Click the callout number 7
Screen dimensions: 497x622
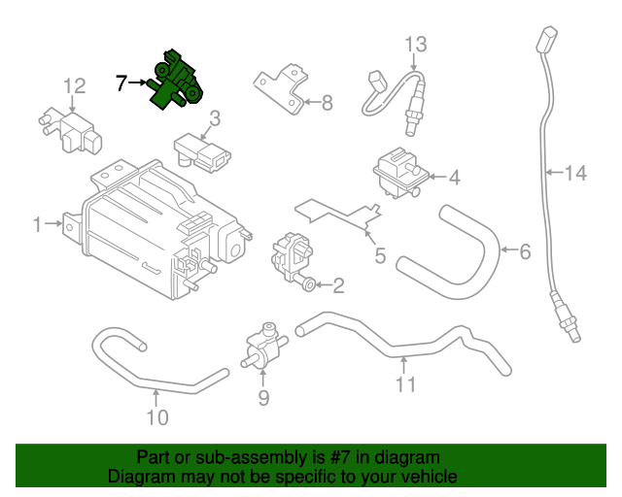121,83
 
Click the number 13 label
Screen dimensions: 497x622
416,44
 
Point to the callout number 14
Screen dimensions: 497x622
576,174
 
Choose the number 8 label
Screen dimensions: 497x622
327,101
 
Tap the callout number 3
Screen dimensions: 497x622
215,118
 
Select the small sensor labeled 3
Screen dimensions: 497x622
200,151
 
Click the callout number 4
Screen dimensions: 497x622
453,178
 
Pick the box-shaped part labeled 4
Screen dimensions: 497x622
397,173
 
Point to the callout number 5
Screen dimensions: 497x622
380,256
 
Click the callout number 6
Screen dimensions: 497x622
525,252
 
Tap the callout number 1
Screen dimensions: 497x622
37,225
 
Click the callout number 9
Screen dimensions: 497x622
262,398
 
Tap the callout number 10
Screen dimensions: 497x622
156,418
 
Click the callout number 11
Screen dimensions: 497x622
405,385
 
